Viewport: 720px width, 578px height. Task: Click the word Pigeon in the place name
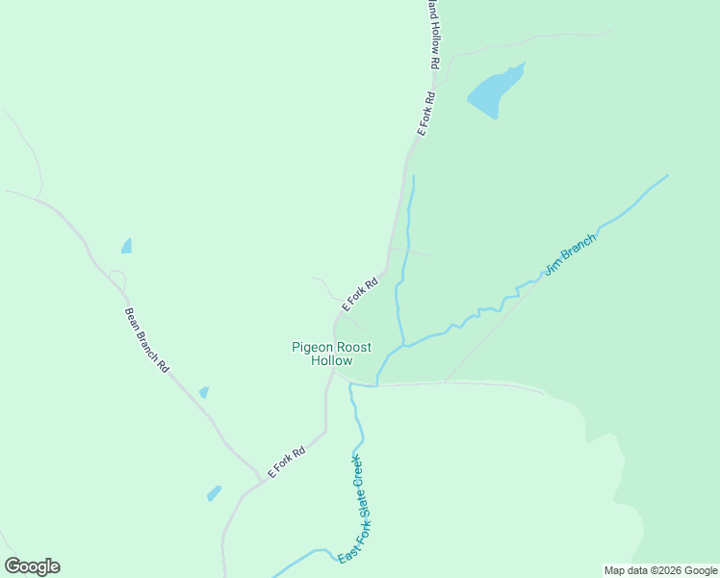[312, 348]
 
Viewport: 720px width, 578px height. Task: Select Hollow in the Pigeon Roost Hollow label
[332, 361]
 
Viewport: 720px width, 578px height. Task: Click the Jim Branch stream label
[570, 254]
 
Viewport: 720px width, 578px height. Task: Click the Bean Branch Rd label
[146, 340]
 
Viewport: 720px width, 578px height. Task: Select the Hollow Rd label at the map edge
[434, 34]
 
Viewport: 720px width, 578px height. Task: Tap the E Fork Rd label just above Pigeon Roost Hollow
[358, 294]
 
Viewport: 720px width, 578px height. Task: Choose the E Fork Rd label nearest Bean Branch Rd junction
[286, 462]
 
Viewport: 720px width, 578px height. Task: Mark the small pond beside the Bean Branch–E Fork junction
[214, 493]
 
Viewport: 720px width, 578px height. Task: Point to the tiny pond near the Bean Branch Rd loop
[126, 247]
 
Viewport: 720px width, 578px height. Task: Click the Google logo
[32, 566]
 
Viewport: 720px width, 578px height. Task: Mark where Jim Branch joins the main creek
[400, 345]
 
